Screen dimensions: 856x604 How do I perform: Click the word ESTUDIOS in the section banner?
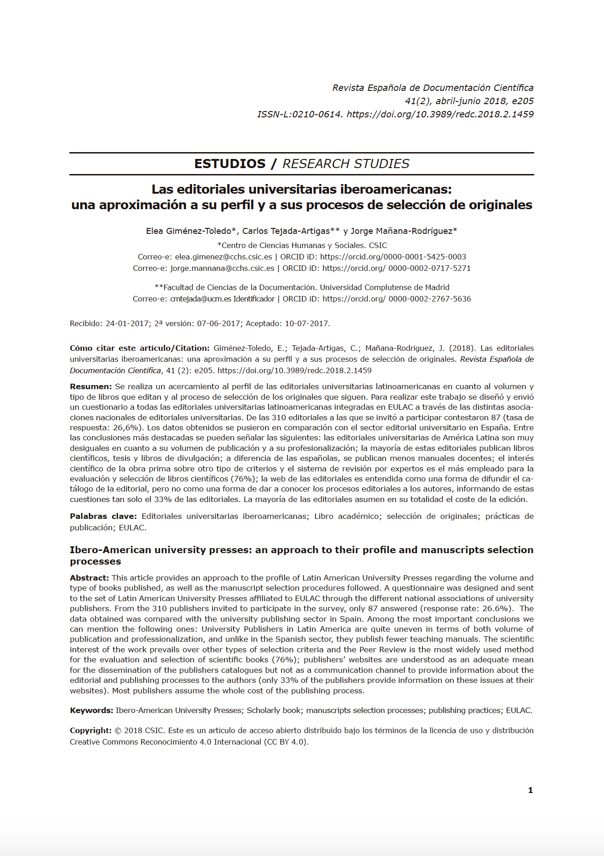tap(230, 164)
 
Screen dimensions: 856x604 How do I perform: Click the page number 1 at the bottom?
tap(530, 790)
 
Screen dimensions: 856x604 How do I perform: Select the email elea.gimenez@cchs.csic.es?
tap(224, 257)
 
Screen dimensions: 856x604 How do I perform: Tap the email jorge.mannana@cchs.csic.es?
tap(222, 268)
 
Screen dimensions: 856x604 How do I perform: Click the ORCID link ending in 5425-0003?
tap(393, 257)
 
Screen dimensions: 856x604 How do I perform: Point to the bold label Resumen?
tap(91, 386)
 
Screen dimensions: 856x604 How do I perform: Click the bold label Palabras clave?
tap(103, 516)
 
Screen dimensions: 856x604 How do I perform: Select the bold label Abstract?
tap(89, 578)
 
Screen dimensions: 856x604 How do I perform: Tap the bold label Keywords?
tap(91, 710)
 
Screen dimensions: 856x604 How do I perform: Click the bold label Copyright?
tap(90, 730)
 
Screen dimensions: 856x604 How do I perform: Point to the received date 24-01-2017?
tap(128, 323)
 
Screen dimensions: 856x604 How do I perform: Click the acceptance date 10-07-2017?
tap(307, 323)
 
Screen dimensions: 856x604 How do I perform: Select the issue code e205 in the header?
tap(522, 101)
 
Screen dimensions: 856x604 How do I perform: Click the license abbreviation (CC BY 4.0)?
tap(286, 742)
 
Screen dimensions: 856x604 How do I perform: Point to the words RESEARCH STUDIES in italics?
tap(346, 164)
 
